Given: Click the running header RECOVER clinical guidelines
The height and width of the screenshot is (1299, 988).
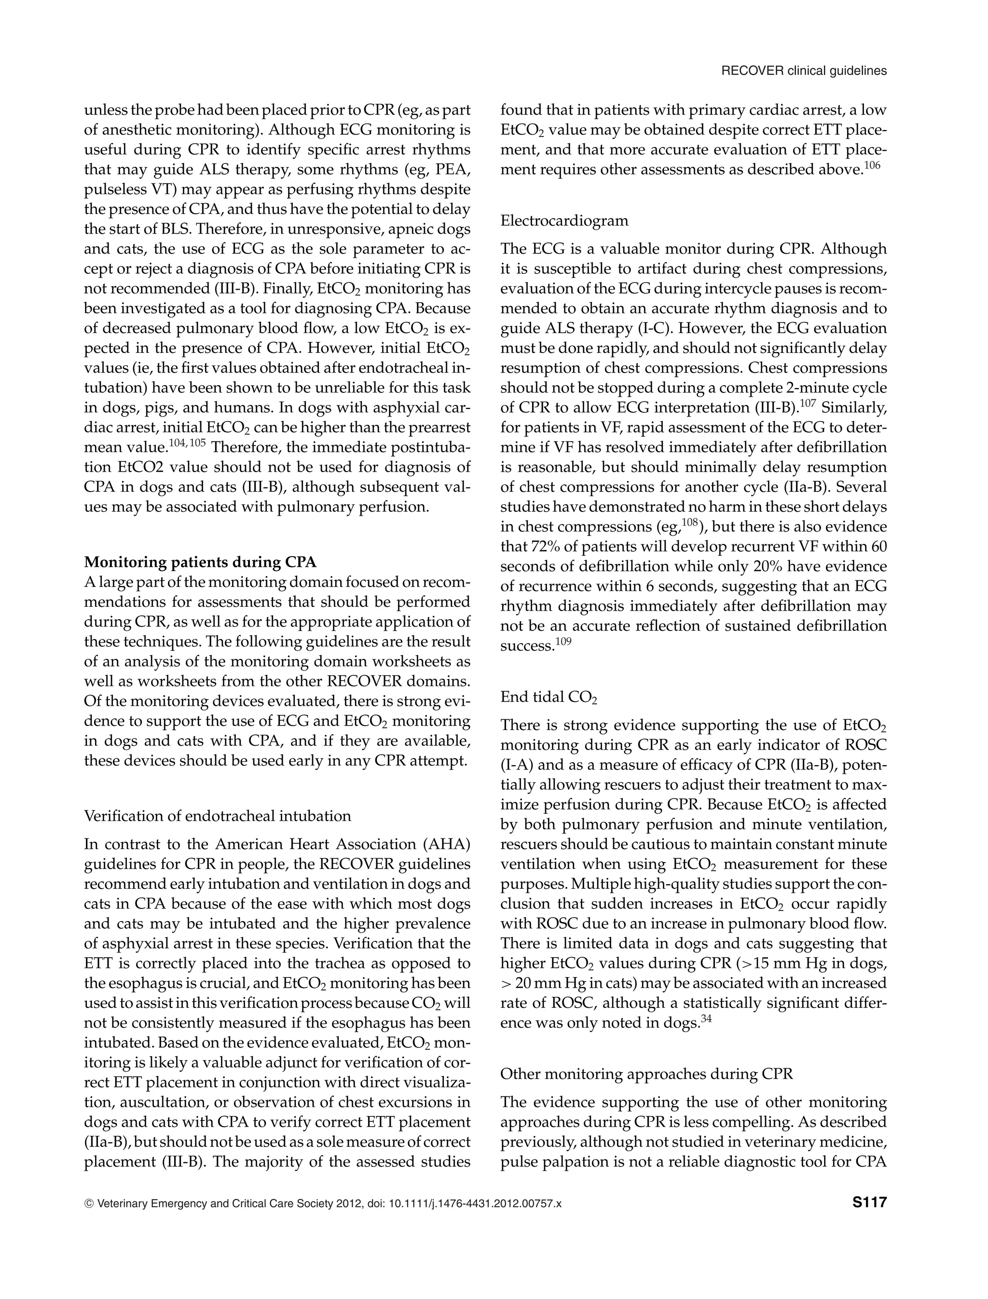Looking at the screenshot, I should (x=803, y=71).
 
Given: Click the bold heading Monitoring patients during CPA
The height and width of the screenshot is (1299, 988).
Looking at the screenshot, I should (x=200, y=562).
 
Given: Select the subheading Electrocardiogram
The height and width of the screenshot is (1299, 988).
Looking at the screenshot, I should (x=564, y=221).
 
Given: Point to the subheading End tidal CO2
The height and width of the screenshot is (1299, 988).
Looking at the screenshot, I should (x=548, y=697).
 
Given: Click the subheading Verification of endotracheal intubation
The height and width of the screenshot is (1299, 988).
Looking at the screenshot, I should (x=218, y=816).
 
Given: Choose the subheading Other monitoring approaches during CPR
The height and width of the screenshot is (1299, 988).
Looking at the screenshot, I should (x=646, y=1074).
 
